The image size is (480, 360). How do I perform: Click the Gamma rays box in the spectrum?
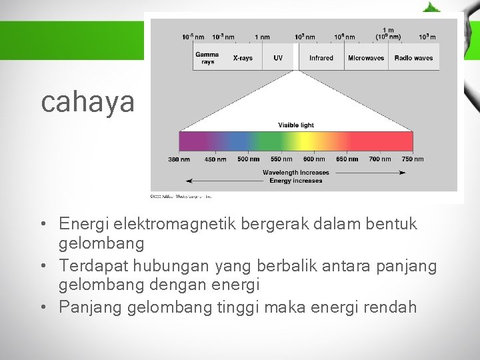(x=207, y=58)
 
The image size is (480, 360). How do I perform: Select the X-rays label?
(x=243, y=58)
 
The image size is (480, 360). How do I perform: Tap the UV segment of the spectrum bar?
(x=278, y=58)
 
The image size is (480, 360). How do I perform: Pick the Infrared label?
(x=321, y=58)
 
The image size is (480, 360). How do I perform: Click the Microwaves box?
(x=366, y=58)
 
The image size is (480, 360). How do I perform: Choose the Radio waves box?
(x=413, y=58)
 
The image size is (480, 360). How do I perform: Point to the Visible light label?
(x=296, y=125)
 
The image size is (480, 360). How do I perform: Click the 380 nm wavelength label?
(x=179, y=159)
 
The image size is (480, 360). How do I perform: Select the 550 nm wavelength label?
(x=281, y=159)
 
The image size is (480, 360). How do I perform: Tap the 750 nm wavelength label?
(x=413, y=159)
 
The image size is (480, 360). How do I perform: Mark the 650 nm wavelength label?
(x=347, y=159)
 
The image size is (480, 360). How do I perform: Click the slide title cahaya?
(x=87, y=102)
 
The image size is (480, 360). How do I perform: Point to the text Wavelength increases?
(x=295, y=173)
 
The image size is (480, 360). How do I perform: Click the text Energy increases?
(x=295, y=181)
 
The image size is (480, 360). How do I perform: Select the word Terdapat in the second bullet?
(x=89, y=266)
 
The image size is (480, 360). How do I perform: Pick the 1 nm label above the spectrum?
(x=262, y=37)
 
